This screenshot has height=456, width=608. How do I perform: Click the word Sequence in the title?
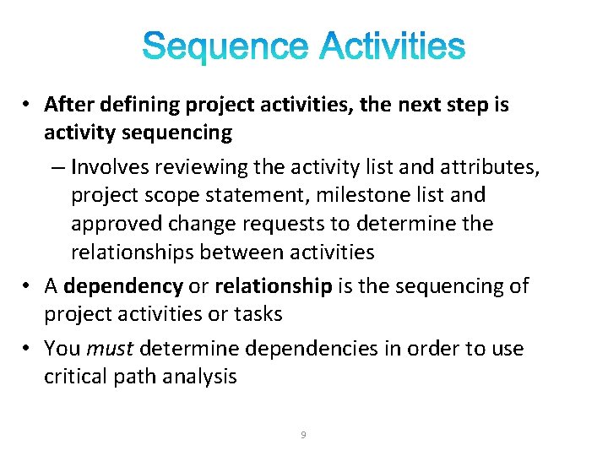pyautogui.click(x=225, y=47)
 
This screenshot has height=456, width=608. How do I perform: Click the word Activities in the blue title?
pyautogui.click(x=392, y=47)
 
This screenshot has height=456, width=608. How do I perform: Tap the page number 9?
pyautogui.click(x=303, y=435)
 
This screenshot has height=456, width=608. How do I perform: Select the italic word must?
pyautogui.click(x=113, y=349)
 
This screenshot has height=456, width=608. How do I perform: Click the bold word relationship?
pyautogui.click(x=273, y=286)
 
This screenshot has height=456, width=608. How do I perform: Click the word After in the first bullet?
pyautogui.click(x=68, y=105)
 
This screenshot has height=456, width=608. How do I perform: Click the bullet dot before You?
pyautogui.click(x=28, y=349)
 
